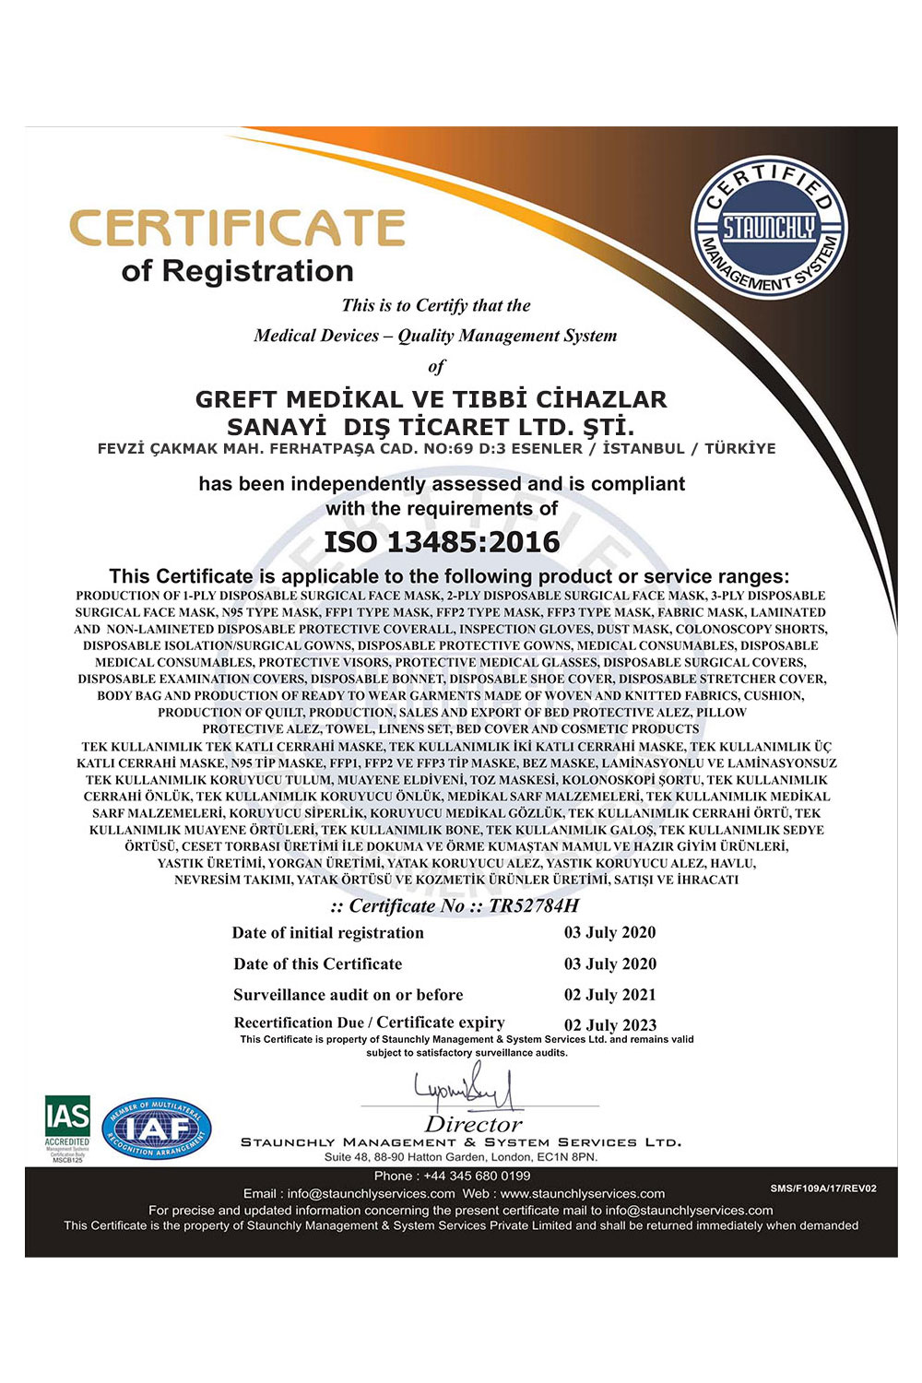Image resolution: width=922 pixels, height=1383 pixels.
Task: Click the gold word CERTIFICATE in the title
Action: click(x=238, y=229)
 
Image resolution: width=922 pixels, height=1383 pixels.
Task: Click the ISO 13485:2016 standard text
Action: click(x=442, y=541)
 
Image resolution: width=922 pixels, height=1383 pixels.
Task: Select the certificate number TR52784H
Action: click(x=534, y=905)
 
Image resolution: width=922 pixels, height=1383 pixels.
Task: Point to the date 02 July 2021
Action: click(x=609, y=994)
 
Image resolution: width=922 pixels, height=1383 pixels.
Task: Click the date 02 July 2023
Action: click(x=609, y=1024)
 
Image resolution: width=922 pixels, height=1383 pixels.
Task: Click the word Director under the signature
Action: click(x=473, y=1124)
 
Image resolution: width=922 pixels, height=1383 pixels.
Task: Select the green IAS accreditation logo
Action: click(x=67, y=1127)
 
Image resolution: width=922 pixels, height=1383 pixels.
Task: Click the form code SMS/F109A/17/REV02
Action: click(x=822, y=1188)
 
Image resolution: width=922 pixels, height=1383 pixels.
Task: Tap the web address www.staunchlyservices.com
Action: click(x=582, y=1193)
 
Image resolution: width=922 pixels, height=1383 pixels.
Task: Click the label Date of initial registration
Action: click(x=327, y=932)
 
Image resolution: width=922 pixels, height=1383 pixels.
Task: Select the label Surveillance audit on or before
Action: click(x=348, y=994)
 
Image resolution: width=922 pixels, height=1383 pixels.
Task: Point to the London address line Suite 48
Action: click(x=460, y=1156)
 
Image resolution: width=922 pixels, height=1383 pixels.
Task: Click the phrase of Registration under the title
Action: click(x=237, y=271)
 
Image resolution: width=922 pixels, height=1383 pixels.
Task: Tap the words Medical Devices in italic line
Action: click(x=316, y=336)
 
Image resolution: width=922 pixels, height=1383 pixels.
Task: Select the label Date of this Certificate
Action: click(x=317, y=963)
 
